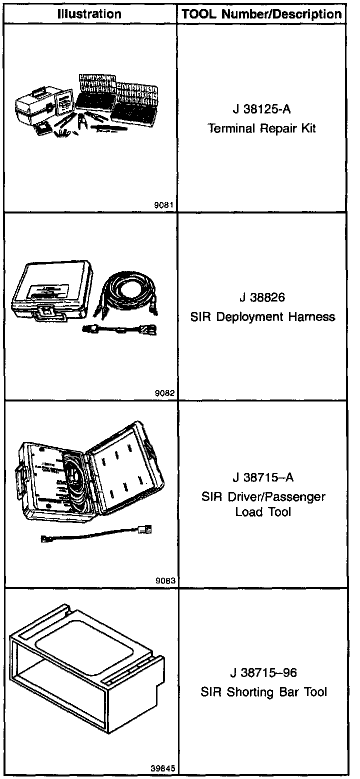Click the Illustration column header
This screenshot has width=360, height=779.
[x=89, y=14]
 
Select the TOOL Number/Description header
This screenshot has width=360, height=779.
[x=262, y=14]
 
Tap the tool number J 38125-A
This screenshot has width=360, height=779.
[x=262, y=109]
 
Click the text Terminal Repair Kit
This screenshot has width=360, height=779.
[x=262, y=128]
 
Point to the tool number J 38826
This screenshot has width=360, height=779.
[x=262, y=298]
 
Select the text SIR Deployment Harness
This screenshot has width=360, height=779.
[x=262, y=317]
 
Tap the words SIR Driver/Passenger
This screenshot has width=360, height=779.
[x=263, y=497]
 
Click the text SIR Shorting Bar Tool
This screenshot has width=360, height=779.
[x=263, y=692]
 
